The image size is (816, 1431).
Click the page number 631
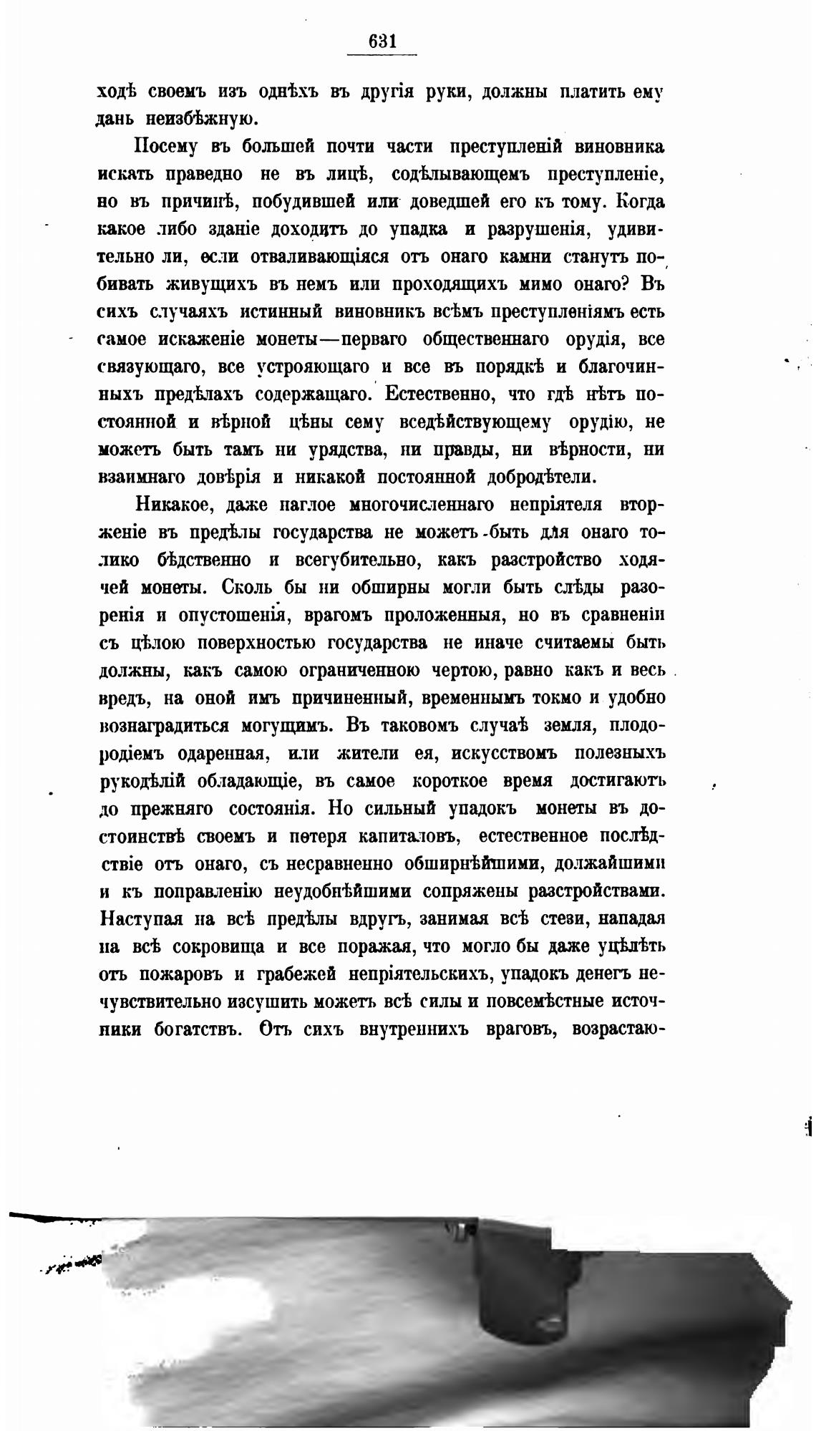(x=382, y=42)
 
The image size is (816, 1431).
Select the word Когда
(x=640, y=202)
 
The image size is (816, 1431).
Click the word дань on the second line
(x=116, y=120)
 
